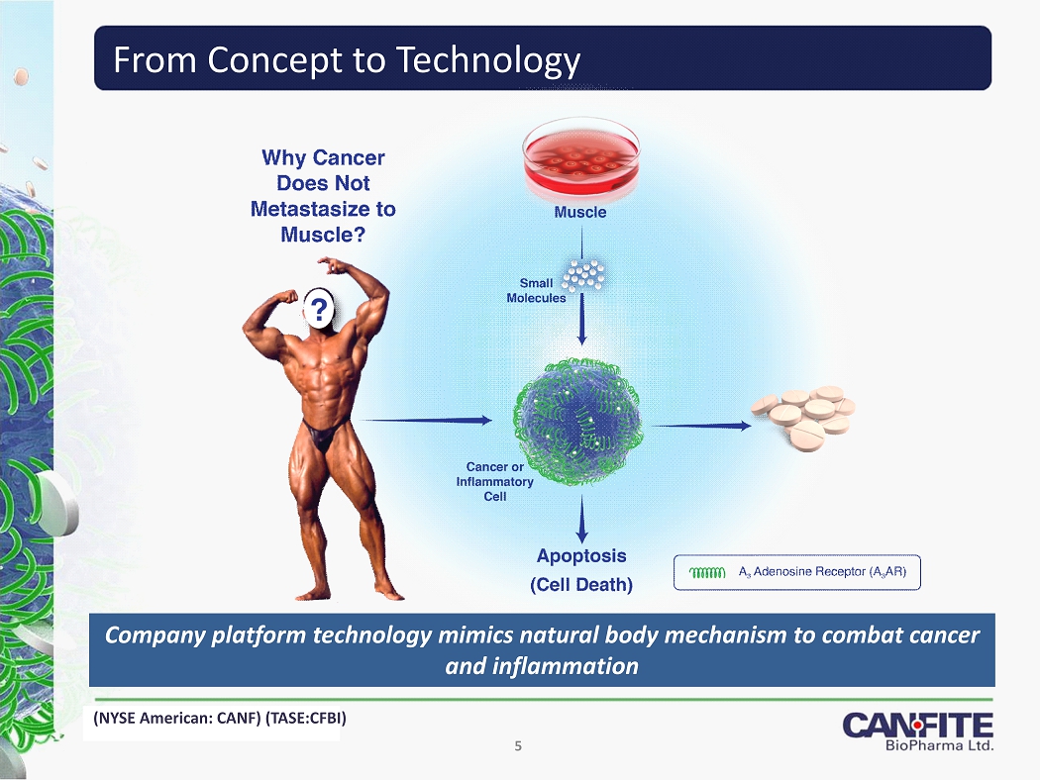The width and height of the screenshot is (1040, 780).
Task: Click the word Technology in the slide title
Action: pyautogui.click(x=488, y=60)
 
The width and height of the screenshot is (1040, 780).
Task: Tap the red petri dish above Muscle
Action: pyautogui.click(x=581, y=159)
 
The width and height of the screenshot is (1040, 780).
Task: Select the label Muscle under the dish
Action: pyautogui.click(x=580, y=212)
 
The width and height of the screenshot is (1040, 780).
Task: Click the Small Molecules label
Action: pyautogui.click(x=536, y=290)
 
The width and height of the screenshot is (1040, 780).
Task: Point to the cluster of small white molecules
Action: pyautogui.click(x=583, y=275)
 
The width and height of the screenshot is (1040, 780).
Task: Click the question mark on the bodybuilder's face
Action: pyautogui.click(x=320, y=310)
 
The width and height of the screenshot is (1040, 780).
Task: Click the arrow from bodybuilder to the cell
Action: pyautogui.click(x=425, y=420)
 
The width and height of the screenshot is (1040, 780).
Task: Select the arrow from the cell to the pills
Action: pyautogui.click(x=700, y=426)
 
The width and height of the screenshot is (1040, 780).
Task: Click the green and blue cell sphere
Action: pyautogui.click(x=577, y=421)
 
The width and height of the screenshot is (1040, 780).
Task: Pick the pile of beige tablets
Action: pyautogui.click(x=803, y=418)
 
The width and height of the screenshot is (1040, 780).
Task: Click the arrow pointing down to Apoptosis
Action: pyautogui.click(x=581, y=519)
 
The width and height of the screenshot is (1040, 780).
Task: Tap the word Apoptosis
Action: pyautogui.click(x=581, y=556)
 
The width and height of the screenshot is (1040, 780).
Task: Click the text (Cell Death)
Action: pyautogui.click(x=581, y=584)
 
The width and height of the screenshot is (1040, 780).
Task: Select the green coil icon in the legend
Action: pyautogui.click(x=707, y=572)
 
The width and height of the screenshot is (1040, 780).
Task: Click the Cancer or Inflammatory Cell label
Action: pyautogui.click(x=495, y=482)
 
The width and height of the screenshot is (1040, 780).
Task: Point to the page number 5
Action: pyautogui.click(x=518, y=746)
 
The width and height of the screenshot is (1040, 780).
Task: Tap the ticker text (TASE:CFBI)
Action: pyautogui.click(x=305, y=718)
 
